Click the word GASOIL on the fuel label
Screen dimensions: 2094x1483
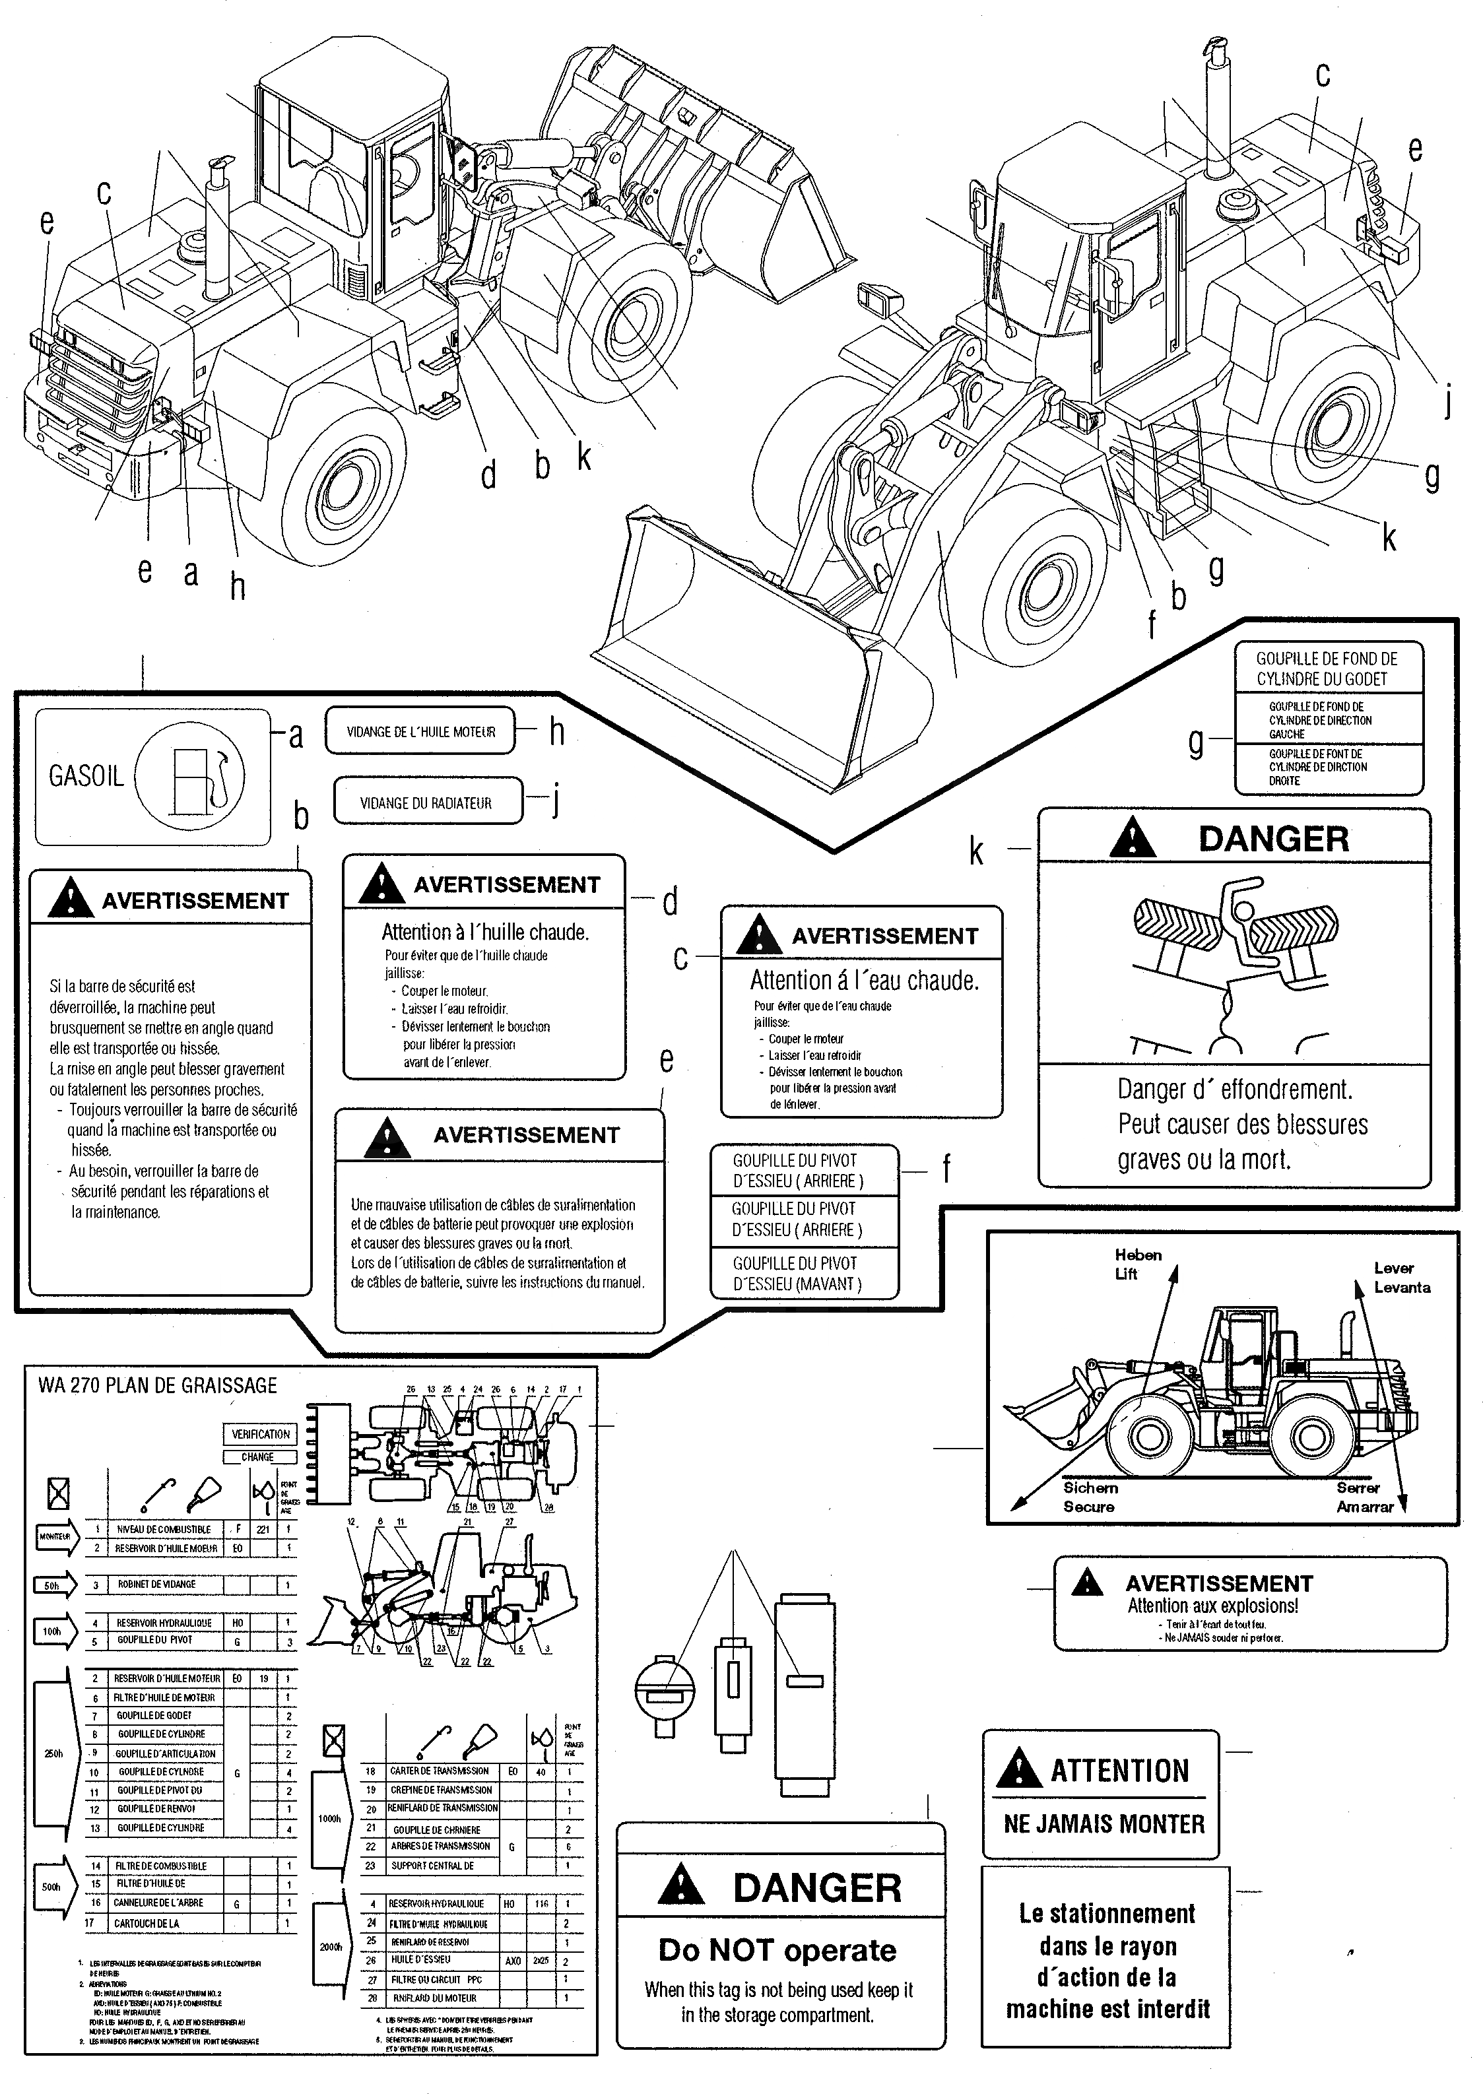click(x=86, y=776)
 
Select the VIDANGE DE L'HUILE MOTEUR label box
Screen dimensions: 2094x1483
click(x=420, y=731)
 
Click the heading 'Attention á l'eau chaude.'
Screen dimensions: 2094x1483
click(x=864, y=980)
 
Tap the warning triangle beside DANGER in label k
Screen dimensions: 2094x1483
click(x=1133, y=838)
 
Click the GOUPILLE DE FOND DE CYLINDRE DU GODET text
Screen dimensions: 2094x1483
click(x=1326, y=669)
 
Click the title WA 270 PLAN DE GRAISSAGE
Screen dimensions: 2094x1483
click(x=157, y=1385)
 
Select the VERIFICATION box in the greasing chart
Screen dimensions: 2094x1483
click(x=260, y=1434)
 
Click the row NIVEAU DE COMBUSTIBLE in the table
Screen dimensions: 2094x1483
click(x=164, y=1528)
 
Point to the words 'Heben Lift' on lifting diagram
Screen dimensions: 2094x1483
click(x=1137, y=1264)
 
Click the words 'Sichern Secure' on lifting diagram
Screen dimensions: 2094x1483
click(x=1090, y=1497)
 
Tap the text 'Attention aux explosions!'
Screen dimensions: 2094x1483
click(x=1212, y=1606)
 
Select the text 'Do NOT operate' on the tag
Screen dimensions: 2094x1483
click(x=777, y=1949)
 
